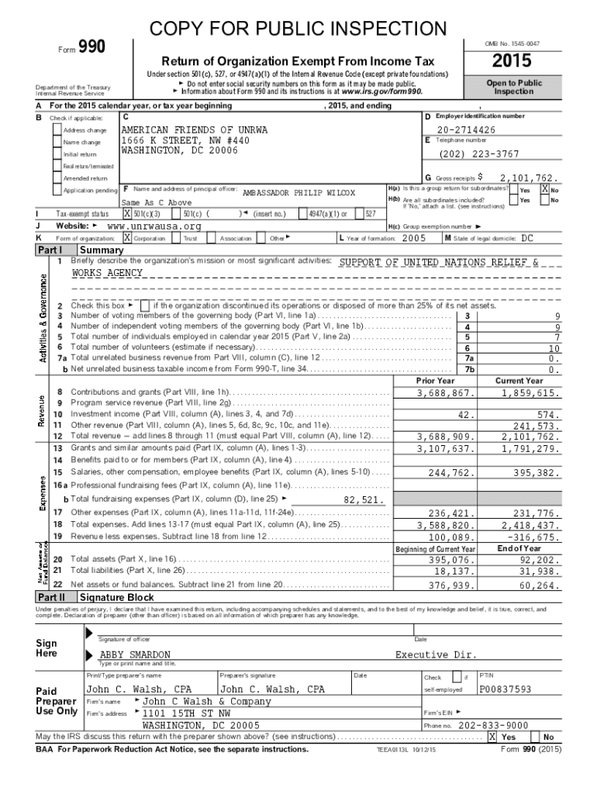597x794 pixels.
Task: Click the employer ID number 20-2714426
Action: [464, 129]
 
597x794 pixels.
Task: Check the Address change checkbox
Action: [57, 130]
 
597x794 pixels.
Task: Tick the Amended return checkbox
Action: [57, 178]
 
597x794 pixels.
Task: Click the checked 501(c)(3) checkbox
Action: [127, 213]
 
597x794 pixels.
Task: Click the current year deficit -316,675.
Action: [532, 537]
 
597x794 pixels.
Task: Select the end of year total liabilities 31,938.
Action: [537, 571]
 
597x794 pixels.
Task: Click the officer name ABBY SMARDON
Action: [135, 655]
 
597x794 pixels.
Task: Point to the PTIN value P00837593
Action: [506, 689]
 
